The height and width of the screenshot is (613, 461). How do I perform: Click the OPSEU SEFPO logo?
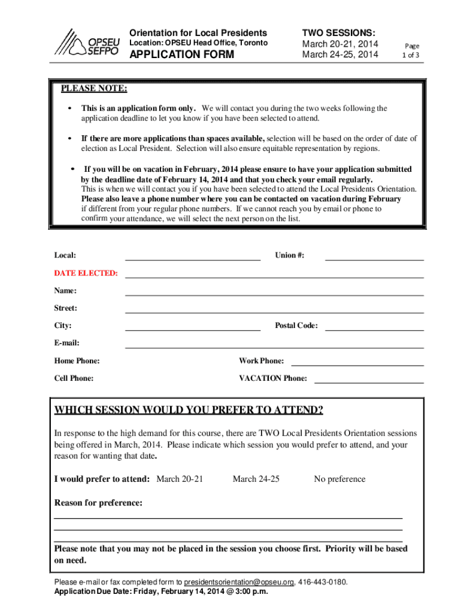pyautogui.click(x=87, y=43)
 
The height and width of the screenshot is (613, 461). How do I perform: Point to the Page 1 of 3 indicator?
pyautogui.click(x=412, y=50)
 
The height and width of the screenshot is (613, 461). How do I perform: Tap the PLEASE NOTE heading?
pyautogui.click(x=94, y=89)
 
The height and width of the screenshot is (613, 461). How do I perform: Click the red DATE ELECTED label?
pyautogui.click(x=86, y=273)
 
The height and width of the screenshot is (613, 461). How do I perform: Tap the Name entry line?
pyautogui.click(x=274, y=293)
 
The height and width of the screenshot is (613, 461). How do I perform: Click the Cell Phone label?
pyautogui.click(x=74, y=378)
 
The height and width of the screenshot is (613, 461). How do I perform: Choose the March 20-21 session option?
pyautogui.click(x=180, y=479)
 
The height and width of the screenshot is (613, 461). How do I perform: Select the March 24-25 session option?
pyautogui.click(x=256, y=479)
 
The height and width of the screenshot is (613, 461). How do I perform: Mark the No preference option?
pyautogui.click(x=339, y=479)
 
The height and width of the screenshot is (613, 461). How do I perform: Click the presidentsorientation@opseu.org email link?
pyautogui.click(x=239, y=582)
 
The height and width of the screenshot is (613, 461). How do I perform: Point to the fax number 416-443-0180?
pyautogui.click(x=322, y=582)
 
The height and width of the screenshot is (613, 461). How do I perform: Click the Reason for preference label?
pyautogui.click(x=98, y=503)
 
